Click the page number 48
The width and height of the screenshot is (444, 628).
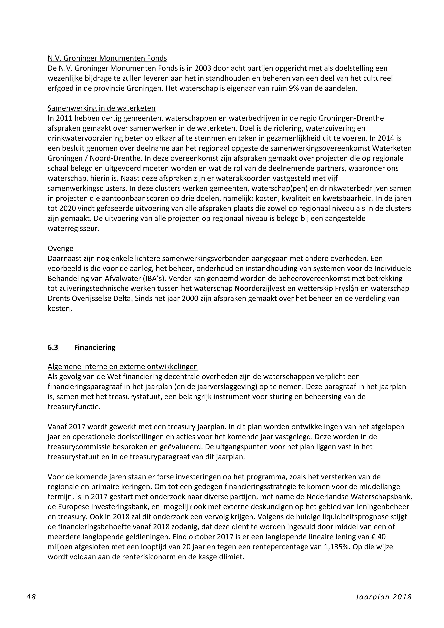click(31, 597)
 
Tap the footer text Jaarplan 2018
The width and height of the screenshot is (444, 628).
click(384, 597)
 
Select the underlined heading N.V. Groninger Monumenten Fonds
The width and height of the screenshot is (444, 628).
click(107, 58)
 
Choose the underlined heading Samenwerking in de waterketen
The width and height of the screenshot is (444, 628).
click(101, 108)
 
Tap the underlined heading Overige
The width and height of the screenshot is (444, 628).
click(60, 248)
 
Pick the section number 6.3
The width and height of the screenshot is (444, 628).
click(53, 347)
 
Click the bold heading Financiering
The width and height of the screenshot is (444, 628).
click(95, 347)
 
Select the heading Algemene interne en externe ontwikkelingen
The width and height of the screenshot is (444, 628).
click(123, 367)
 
